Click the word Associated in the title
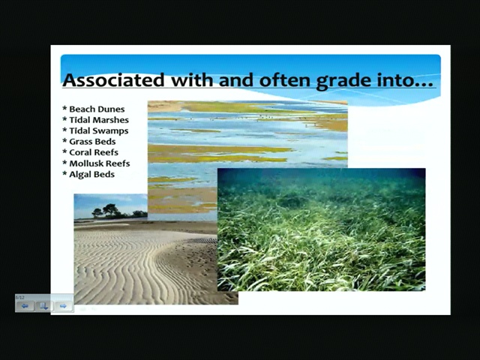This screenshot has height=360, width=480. point(113,80)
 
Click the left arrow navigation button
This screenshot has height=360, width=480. point(25,306)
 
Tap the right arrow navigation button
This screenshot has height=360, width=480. point(63,306)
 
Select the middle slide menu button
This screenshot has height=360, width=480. point(44,306)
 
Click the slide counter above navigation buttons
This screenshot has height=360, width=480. point(19,298)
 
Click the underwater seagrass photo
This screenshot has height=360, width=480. point(322,229)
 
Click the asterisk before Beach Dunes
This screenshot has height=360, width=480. point(64,109)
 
